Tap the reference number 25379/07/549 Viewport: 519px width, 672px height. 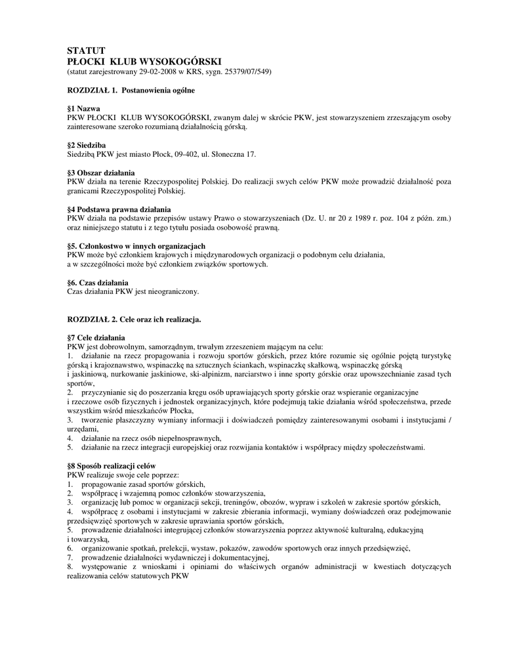click(x=245, y=70)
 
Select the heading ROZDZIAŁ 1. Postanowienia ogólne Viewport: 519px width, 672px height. click(x=131, y=89)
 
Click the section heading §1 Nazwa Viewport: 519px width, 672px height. click(x=84, y=107)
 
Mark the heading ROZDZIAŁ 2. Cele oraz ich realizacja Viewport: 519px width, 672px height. click(x=134, y=319)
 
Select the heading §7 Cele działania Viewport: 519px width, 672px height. click(x=96, y=337)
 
